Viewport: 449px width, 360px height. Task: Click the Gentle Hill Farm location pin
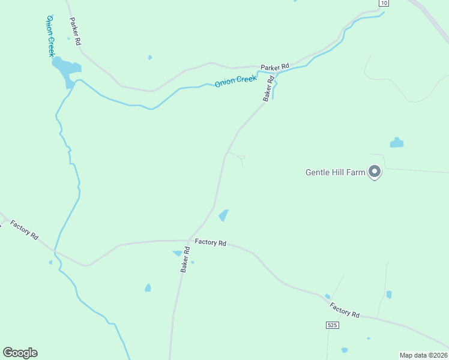coord(375,172)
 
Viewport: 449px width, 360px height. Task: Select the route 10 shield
coord(383,3)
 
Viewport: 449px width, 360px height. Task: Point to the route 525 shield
coord(333,325)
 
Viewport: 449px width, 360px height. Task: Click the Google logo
coord(20,353)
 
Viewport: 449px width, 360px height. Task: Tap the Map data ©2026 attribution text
coord(423,355)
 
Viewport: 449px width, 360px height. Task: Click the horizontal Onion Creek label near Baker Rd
coord(236,82)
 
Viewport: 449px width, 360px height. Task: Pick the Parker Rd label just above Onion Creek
coord(275,66)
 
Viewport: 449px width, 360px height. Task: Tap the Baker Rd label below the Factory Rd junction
coord(186,260)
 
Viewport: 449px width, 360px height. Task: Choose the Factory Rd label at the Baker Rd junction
coord(210,242)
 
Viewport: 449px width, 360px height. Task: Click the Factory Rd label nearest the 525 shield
coord(344,310)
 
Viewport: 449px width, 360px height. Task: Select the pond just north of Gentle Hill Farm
coord(397,143)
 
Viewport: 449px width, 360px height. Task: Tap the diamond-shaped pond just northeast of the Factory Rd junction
coord(223,215)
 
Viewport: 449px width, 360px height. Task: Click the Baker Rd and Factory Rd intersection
coord(190,241)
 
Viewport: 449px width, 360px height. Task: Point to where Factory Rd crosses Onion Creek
coord(55,250)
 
